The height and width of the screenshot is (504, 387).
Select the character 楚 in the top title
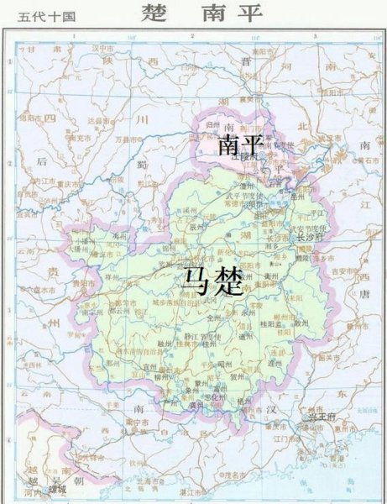pos(154,14)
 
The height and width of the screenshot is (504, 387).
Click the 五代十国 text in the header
pos(40,15)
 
